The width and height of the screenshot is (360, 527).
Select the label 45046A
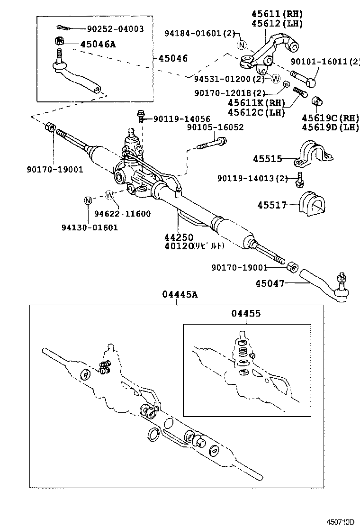[98, 44]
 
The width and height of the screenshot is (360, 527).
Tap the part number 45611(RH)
[279, 14]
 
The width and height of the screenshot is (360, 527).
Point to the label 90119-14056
[181, 118]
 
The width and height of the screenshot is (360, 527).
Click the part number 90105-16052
[215, 127]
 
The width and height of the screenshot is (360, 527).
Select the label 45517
[272, 205]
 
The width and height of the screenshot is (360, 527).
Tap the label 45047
[270, 284]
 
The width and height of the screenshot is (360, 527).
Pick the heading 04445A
[180, 295]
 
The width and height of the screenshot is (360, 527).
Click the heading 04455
[246, 313]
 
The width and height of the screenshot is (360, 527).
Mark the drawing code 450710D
[340, 522]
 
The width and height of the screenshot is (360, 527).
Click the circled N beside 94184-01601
[242, 45]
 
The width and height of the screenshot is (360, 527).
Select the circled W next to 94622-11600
[109, 194]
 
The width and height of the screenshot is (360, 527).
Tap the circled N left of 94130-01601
[88, 200]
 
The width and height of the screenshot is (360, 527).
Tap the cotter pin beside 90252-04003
[63, 27]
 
